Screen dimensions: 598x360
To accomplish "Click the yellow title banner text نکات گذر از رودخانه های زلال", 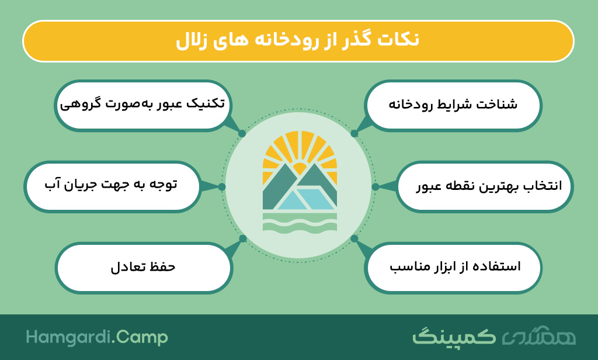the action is [x=297, y=40].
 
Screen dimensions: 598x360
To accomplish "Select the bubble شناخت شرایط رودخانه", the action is [x=453, y=106].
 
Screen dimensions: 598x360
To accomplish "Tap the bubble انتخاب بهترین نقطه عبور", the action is [x=485, y=186].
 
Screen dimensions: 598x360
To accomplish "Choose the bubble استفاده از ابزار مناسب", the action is [x=453, y=268].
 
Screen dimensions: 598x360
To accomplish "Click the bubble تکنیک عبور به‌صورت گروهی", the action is [x=143, y=106].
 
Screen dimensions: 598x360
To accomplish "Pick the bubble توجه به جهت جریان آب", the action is [x=113, y=186].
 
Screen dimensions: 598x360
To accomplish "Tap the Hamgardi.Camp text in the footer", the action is [x=97, y=337].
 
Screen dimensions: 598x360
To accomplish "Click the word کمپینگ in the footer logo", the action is [x=454, y=337].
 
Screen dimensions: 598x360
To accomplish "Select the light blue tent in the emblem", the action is [x=305, y=199].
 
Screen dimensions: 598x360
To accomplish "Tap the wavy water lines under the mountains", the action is [x=300, y=223].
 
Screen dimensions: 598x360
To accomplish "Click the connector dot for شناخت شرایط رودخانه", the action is [x=354, y=134].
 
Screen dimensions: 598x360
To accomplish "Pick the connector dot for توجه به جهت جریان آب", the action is [x=222, y=186].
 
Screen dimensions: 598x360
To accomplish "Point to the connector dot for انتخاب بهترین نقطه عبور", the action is [x=376, y=186].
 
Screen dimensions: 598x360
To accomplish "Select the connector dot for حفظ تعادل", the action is [x=243, y=238].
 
